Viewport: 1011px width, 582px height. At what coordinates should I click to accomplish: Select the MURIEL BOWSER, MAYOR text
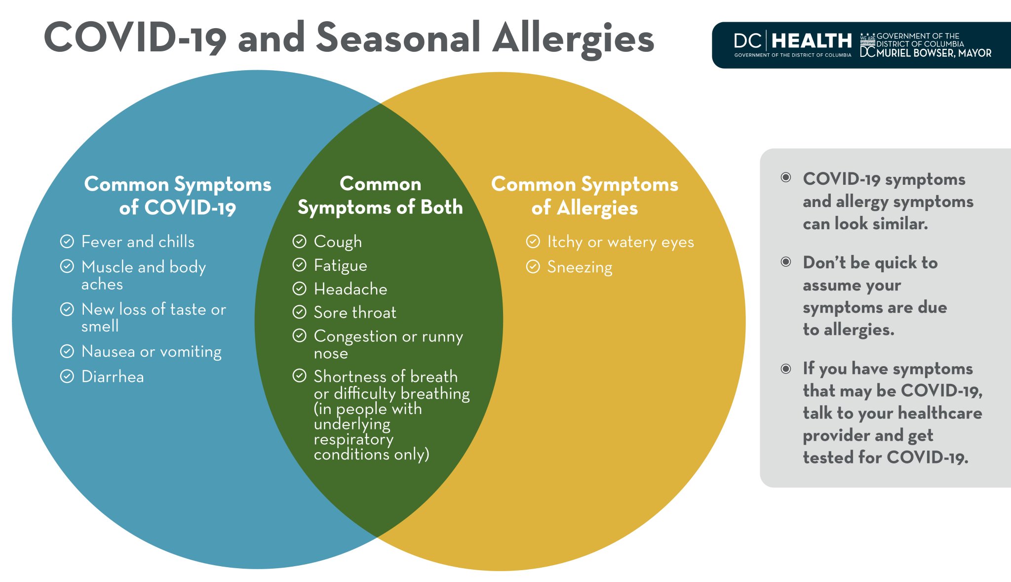click(933, 53)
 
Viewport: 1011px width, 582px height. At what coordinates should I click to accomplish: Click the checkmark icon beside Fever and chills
click(67, 242)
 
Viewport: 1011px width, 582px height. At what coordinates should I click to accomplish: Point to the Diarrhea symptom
click(113, 377)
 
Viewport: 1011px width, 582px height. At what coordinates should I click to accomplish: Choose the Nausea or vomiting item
click(151, 352)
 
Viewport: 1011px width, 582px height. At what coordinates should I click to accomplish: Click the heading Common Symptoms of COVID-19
click(178, 196)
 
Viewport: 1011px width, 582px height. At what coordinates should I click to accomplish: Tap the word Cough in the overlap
click(338, 242)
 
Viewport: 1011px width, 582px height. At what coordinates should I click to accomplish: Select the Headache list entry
click(350, 289)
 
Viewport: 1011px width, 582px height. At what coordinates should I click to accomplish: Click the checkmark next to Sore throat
click(299, 312)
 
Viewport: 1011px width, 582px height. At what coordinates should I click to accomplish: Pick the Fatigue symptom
click(341, 265)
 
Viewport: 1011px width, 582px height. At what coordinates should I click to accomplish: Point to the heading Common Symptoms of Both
click(380, 196)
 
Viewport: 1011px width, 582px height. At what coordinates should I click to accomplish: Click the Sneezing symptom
click(580, 267)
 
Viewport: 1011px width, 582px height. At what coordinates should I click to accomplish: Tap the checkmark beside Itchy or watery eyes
click(533, 242)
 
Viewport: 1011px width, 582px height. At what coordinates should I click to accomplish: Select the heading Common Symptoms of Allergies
click(584, 196)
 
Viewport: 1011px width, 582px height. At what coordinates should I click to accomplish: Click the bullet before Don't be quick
click(786, 262)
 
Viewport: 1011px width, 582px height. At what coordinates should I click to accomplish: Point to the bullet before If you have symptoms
click(786, 369)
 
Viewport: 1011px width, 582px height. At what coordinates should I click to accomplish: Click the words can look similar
click(865, 224)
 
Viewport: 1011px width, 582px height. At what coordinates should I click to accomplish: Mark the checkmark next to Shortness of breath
click(299, 376)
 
